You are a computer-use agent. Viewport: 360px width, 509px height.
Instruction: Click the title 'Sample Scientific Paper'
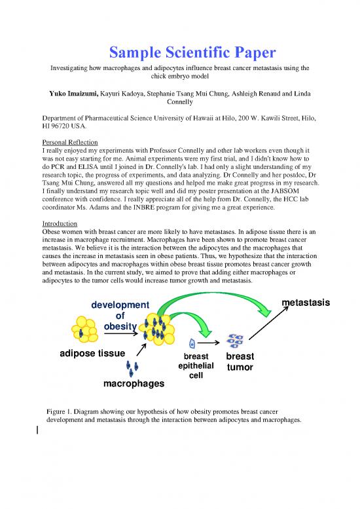180,52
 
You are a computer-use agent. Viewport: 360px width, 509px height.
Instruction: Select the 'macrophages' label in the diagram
134,383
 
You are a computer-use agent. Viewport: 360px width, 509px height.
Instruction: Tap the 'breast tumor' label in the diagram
240,362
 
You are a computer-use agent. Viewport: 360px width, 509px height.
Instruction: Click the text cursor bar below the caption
39,430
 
